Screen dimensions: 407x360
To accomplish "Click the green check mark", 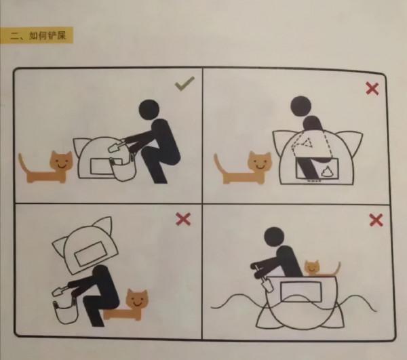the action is pos(185,83).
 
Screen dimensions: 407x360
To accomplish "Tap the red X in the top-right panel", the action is pos(372,89).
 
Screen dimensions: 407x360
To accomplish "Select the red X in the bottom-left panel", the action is pos(183,219).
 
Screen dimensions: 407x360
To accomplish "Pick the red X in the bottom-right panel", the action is pos(376,220).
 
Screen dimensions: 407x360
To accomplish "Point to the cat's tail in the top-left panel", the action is pos(23,163).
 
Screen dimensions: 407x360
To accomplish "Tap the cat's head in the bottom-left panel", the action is pos(136,300).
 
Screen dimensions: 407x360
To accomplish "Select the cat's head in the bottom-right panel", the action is pos(311,268).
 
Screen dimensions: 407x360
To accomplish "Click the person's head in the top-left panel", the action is pos(149,109).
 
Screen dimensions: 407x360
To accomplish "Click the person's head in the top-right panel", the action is pos(301,106).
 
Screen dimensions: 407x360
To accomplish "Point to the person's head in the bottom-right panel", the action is pos(274,237).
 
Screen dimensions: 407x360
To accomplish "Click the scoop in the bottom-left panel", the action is pos(61,291).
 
